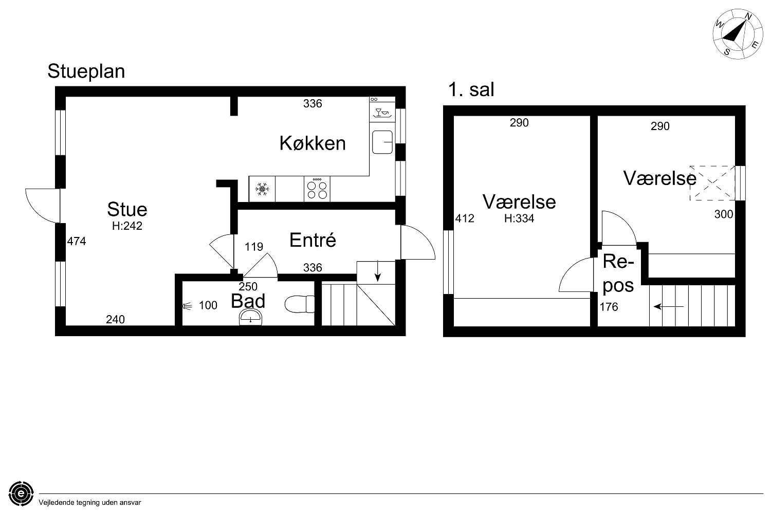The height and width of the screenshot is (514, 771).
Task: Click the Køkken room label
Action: click(x=313, y=143)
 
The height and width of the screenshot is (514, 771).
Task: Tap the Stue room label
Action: click(x=127, y=209)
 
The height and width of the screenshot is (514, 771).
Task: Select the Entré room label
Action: click(x=313, y=240)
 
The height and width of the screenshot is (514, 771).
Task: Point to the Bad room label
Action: click(x=248, y=301)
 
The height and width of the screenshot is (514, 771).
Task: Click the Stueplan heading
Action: click(x=86, y=71)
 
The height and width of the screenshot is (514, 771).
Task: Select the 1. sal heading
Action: click(x=471, y=89)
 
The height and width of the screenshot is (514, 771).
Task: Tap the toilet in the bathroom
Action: click(x=300, y=304)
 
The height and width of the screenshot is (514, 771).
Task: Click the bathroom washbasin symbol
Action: click(x=251, y=318)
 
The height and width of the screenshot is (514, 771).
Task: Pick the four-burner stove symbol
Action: click(x=317, y=189)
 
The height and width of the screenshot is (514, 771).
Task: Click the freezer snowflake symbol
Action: click(x=262, y=189)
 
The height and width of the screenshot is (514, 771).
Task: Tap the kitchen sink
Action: click(x=382, y=142)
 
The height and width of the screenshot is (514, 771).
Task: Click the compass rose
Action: click(x=738, y=34)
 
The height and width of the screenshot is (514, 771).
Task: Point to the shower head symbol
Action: click(x=188, y=306)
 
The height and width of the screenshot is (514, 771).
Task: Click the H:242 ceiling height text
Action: click(x=127, y=226)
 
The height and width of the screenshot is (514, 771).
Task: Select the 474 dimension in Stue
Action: click(x=77, y=241)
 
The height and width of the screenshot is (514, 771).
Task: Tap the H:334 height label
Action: click(x=519, y=218)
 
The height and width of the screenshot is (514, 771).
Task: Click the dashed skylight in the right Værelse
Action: click(x=712, y=183)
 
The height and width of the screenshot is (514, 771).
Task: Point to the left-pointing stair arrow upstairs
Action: click(x=668, y=306)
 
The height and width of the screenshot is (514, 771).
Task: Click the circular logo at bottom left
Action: click(x=21, y=493)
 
